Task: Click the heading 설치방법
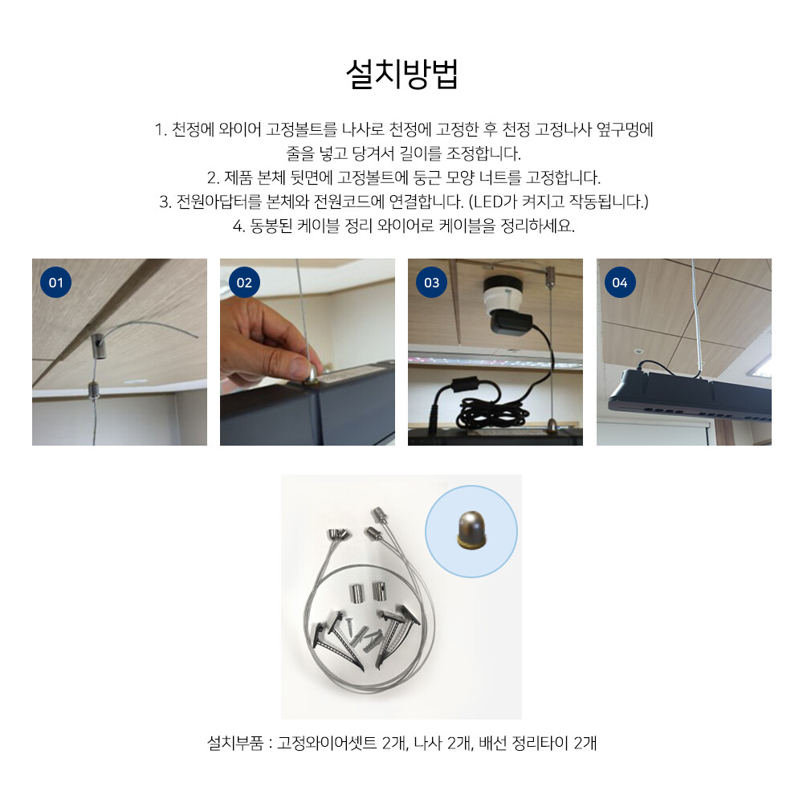[x=402, y=74]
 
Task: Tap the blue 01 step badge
[x=56, y=282]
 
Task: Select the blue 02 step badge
[x=244, y=282]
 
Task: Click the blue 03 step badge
[x=432, y=282]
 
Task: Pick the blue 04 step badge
[x=620, y=282]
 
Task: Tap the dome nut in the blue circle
[x=471, y=530]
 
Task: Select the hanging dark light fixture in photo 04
[x=689, y=393]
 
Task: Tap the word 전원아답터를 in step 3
[x=219, y=202]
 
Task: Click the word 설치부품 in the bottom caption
[x=235, y=743]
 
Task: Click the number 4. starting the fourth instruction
[x=238, y=226]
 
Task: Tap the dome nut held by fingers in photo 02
[x=311, y=377]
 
